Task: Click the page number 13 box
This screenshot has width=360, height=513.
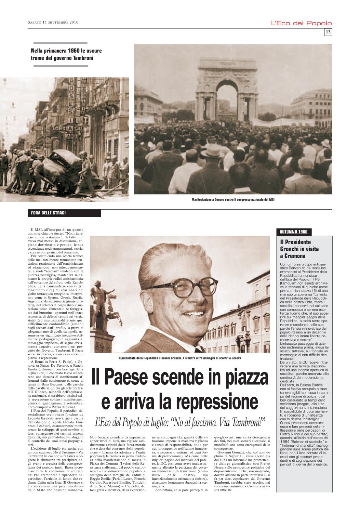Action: click(328, 32)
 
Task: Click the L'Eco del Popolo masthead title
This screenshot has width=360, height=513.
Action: click(301, 23)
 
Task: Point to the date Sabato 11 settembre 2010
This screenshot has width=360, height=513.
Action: click(53, 23)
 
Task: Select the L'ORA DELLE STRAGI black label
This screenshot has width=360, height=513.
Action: click(64, 213)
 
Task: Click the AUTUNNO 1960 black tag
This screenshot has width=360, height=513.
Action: click(293, 232)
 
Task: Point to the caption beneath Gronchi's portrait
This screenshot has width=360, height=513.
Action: click(179, 358)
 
